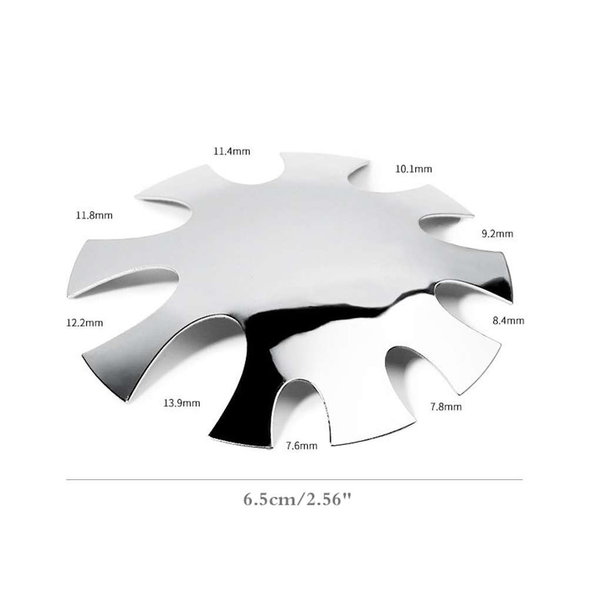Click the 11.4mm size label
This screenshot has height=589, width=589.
232,152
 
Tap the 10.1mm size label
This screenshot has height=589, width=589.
414,169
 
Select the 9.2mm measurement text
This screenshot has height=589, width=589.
497,233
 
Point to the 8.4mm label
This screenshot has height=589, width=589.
508,320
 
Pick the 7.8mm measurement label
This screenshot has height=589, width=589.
446,406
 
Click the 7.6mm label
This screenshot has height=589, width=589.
302,446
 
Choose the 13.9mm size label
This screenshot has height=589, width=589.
182,403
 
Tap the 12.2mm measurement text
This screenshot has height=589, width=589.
85,323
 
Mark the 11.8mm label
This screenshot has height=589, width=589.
94,215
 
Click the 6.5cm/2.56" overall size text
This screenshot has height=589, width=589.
297,500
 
